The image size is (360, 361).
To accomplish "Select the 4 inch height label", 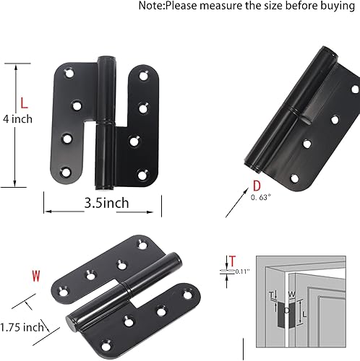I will tap(18, 118).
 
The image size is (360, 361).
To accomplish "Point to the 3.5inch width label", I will tap(102, 203).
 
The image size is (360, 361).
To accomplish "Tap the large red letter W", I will tap(35, 275).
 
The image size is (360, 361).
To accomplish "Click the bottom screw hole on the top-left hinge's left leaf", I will tap(67, 171).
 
